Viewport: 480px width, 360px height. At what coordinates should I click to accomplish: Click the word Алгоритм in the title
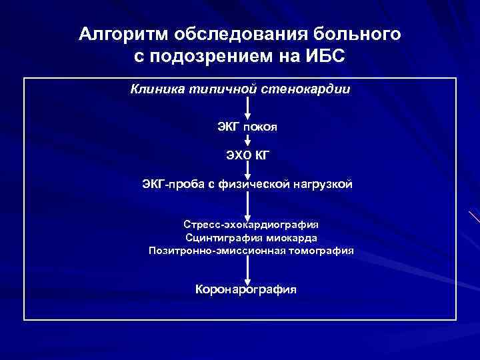pos(119,35)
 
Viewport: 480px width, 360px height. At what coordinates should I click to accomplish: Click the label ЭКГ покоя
pos(247,127)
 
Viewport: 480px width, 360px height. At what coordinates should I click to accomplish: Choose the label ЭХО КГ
pos(247,155)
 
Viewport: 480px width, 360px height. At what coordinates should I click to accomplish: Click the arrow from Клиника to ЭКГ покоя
pos(247,107)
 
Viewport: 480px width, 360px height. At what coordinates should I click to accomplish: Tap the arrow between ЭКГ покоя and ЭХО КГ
pos(247,141)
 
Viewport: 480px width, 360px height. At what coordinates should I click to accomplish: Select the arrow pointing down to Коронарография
pos(247,270)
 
